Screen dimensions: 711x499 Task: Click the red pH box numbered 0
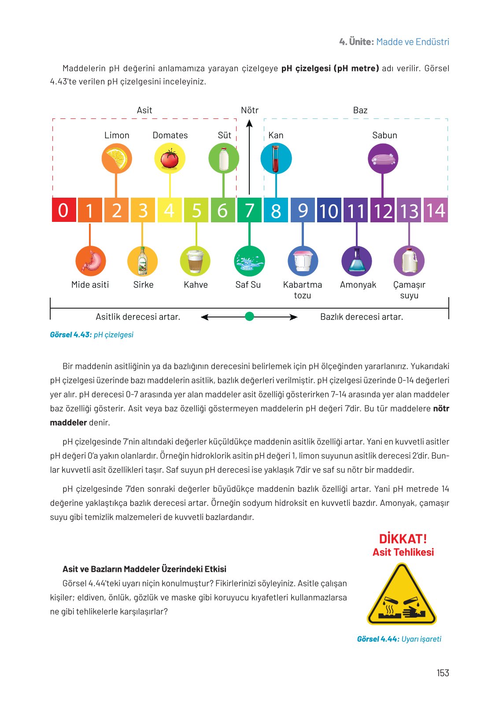pos(63,210)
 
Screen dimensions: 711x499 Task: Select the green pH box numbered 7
pos(249,210)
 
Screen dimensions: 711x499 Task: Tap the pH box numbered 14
pos(436,210)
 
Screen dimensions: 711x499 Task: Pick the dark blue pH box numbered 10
pos(329,210)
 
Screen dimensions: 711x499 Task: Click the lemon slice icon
pos(117,158)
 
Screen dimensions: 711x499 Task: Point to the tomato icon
pos(170,158)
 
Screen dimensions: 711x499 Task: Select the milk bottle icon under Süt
pos(224,158)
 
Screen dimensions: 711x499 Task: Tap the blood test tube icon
pos(276,158)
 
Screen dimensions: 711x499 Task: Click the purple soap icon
pos(383,158)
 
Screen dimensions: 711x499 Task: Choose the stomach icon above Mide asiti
pos(90,261)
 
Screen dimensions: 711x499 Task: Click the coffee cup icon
pos(195,261)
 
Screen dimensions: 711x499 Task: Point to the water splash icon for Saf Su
pos(249,261)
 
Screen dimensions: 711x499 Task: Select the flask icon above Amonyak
pos(357,261)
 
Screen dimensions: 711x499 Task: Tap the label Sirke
pos(144,285)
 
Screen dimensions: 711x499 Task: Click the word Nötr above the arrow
pos(250,111)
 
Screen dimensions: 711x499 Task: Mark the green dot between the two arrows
pos(249,317)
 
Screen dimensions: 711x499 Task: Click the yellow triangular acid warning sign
pos(401,596)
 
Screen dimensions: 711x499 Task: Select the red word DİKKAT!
pos(403,539)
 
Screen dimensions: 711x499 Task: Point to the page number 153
pos(443,673)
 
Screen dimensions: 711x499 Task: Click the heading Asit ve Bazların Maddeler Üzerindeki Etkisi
pos(144,569)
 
